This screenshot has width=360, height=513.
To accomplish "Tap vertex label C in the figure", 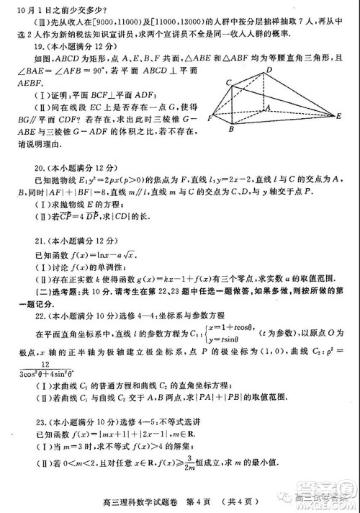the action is pos(229,84).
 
